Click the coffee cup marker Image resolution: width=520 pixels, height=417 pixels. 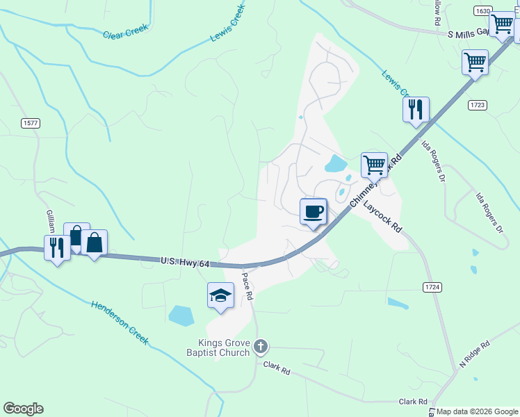(x=314, y=211)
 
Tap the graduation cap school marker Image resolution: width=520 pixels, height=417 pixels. (x=220, y=295)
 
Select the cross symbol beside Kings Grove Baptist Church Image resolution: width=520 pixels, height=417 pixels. (x=261, y=346)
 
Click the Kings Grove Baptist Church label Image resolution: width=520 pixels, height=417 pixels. (x=224, y=347)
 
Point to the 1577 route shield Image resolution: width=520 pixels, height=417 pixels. (x=31, y=123)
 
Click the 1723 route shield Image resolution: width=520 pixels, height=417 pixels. (x=477, y=105)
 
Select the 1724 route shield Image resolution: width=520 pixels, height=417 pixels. (x=432, y=286)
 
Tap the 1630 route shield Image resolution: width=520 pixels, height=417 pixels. (x=483, y=11)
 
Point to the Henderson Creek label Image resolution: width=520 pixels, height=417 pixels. (x=120, y=322)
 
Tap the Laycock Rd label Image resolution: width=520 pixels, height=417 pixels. (x=382, y=217)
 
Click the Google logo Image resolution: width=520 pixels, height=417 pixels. (x=23, y=409)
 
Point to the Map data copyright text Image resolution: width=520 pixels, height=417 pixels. (x=477, y=411)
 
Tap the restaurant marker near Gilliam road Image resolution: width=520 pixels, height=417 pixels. (x=56, y=247)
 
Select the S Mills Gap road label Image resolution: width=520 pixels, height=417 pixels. (x=471, y=33)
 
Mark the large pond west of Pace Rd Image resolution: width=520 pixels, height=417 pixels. (x=182, y=316)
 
